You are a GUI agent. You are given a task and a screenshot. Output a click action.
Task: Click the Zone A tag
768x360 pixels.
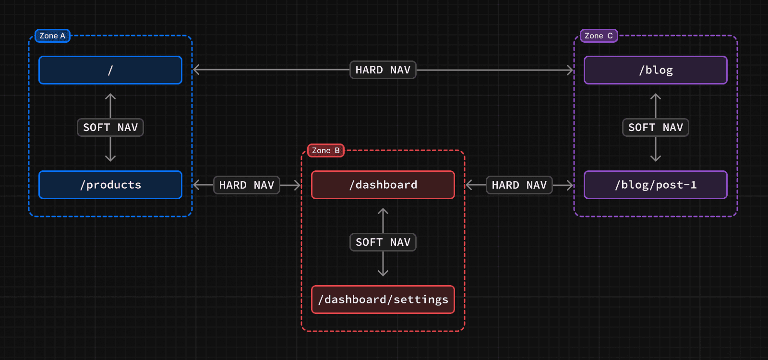(x=52, y=36)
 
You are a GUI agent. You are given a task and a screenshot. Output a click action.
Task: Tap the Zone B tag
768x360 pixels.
(x=325, y=151)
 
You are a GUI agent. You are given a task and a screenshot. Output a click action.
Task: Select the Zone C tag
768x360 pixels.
(x=599, y=36)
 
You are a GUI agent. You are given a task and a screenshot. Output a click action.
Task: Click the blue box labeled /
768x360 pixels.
(x=110, y=70)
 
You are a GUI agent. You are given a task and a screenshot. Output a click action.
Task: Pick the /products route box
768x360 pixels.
(x=110, y=185)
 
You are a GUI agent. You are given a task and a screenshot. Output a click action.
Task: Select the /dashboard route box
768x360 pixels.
(x=383, y=185)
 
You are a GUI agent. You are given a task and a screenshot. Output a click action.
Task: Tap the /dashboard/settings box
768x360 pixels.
(x=383, y=300)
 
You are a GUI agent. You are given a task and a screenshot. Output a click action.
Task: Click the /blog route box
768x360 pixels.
(x=656, y=70)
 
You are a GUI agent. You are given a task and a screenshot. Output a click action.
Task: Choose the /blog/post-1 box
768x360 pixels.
(x=656, y=185)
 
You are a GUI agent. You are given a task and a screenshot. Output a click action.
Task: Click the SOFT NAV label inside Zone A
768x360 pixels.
(x=110, y=128)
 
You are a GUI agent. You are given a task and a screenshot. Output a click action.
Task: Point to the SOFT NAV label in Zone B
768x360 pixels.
(x=383, y=242)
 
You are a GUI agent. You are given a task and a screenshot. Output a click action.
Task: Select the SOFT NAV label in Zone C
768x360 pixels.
(x=656, y=128)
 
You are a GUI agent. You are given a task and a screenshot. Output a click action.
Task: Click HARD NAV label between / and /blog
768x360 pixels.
(x=383, y=70)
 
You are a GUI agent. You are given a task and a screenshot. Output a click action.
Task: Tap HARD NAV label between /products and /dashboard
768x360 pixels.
(x=247, y=185)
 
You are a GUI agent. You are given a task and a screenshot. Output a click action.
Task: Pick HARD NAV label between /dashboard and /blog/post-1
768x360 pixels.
(x=519, y=185)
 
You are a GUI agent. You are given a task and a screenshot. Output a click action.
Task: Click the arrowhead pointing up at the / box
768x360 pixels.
(x=110, y=96)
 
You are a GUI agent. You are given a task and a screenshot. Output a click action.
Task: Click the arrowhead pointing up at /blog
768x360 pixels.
(x=656, y=96)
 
